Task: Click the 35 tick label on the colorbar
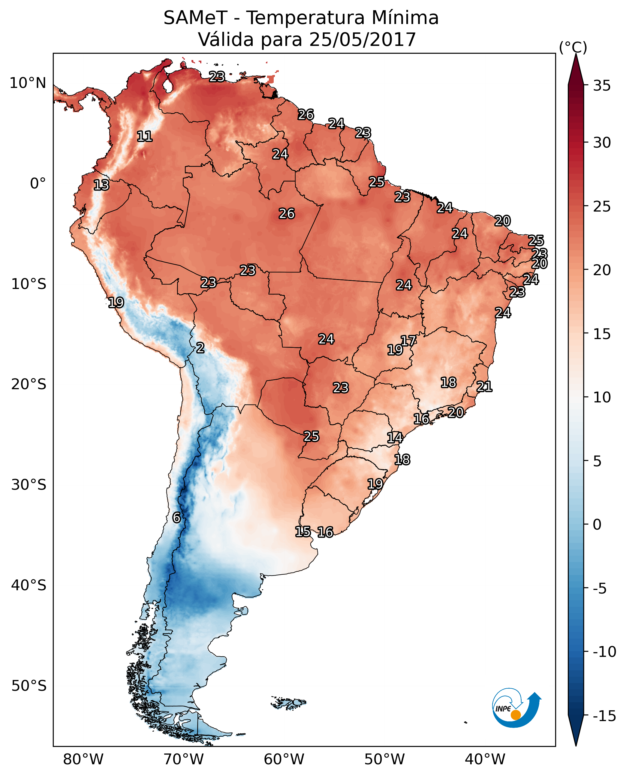(x=602, y=86)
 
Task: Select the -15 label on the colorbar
(x=604, y=716)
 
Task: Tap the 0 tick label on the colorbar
(x=597, y=524)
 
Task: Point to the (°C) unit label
(x=573, y=47)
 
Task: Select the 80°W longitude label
(x=83, y=759)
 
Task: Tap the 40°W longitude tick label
(x=485, y=759)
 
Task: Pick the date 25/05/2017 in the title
(x=363, y=39)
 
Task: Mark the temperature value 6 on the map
(x=176, y=517)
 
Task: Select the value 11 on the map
(x=145, y=136)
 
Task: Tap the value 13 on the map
(x=101, y=185)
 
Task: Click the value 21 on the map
(x=484, y=386)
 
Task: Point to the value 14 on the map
(x=395, y=438)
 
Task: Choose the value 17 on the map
(x=408, y=340)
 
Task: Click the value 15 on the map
(x=303, y=531)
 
